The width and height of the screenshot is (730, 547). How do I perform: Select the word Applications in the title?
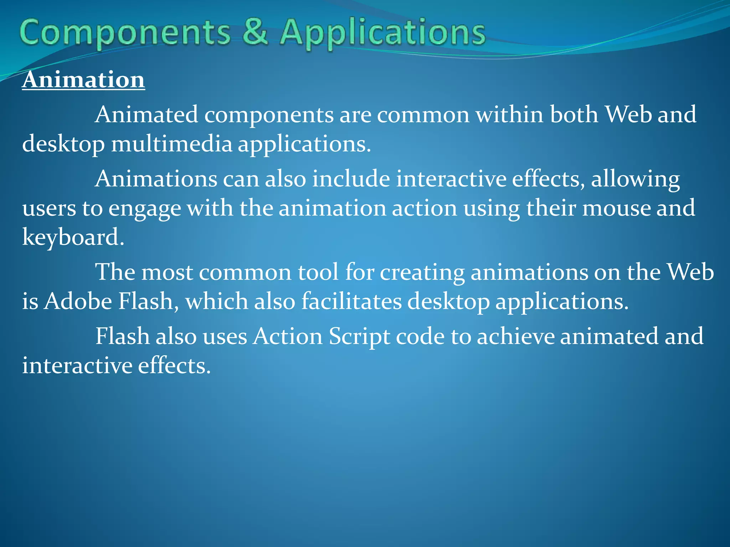[382, 33]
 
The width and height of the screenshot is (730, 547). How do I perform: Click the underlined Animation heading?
[83, 79]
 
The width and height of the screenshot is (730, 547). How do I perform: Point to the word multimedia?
[172, 144]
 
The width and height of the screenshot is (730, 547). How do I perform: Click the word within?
[510, 115]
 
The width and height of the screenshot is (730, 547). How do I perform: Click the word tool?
[318, 272]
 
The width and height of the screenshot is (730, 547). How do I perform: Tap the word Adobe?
[78, 302]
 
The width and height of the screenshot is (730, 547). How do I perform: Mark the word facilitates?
[351, 302]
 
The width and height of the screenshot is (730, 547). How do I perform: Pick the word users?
[49, 209]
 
